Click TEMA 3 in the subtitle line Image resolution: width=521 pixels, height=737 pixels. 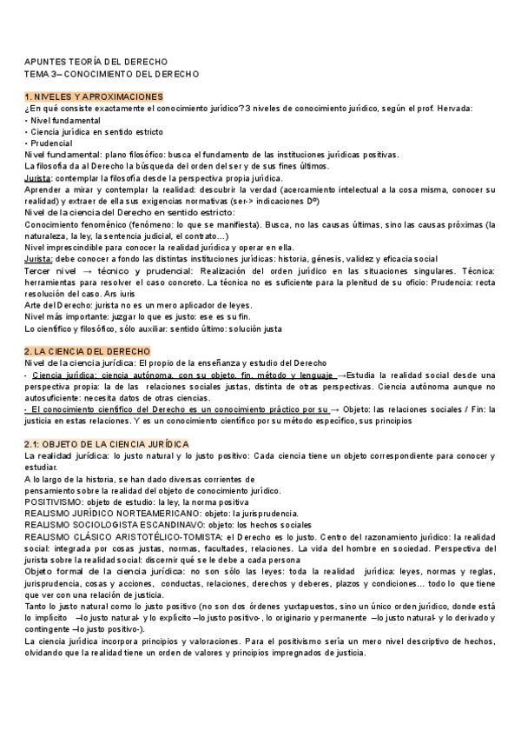pos(42,74)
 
